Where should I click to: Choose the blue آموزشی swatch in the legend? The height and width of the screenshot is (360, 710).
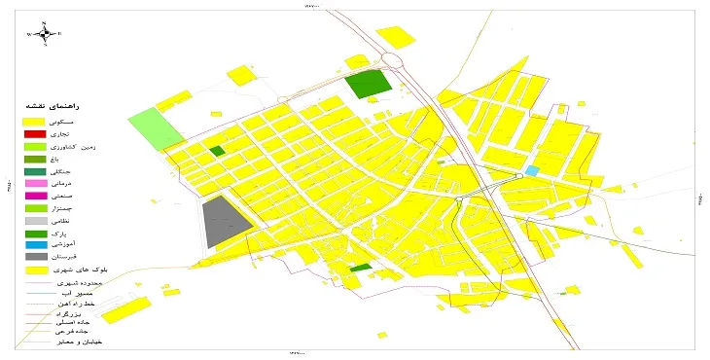pos(35,245)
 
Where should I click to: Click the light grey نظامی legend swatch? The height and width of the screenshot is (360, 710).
pos(35,221)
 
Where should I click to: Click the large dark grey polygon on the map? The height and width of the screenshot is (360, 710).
pos(224,223)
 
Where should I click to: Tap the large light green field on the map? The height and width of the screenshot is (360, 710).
pos(156,127)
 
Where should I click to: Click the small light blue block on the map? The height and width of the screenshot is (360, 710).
pos(531,170)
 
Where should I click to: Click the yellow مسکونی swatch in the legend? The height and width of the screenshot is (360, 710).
pos(35,120)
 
